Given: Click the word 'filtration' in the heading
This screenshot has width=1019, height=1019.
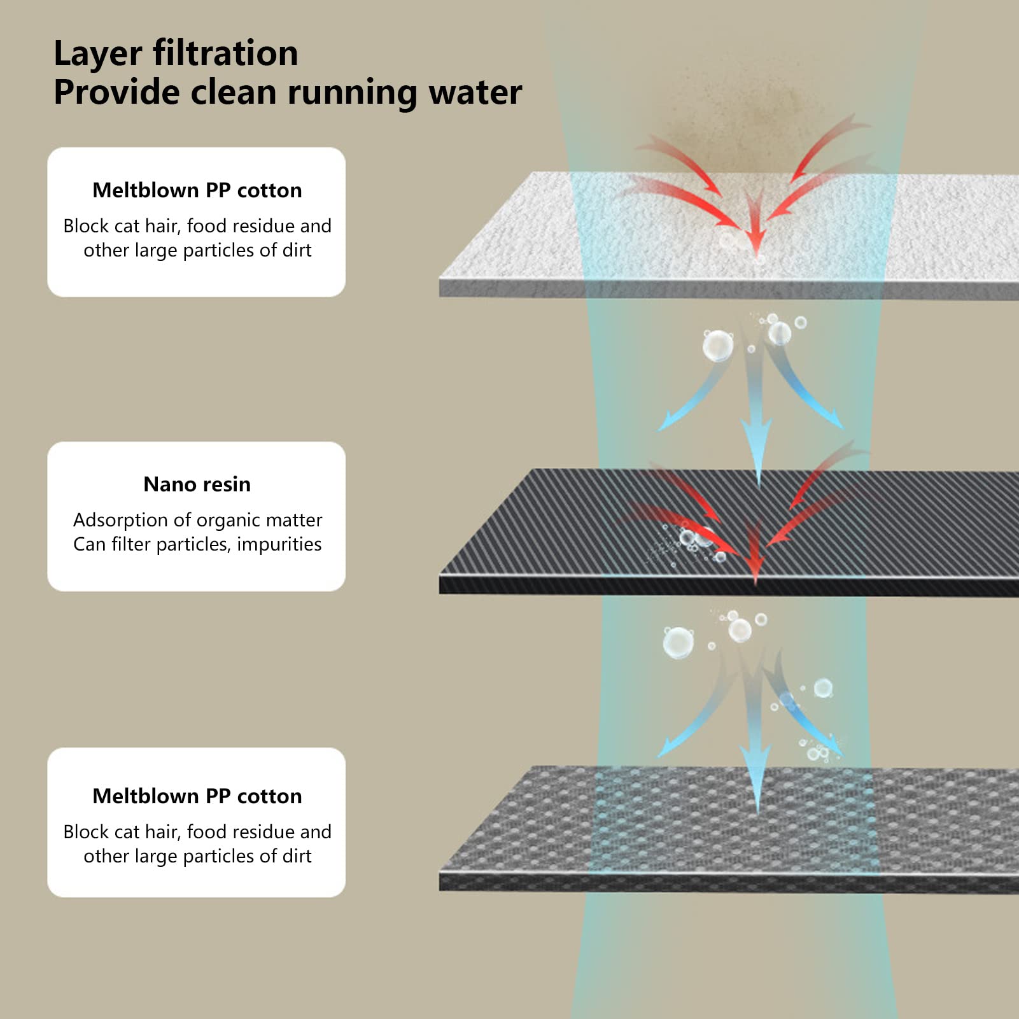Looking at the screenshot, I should tap(225, 53).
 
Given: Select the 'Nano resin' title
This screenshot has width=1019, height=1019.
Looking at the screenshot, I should tap(197, 484).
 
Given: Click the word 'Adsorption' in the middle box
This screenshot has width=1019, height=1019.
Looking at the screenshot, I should tap(121, 520).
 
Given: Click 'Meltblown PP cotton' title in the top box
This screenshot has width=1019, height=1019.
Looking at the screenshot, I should tap(197, 190).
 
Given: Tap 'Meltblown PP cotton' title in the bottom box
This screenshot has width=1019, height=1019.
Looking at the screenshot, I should tap(197, 796).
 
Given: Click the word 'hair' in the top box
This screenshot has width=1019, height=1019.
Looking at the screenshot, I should tap(162, 226).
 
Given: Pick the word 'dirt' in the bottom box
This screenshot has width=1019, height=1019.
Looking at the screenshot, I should tap(297, 856).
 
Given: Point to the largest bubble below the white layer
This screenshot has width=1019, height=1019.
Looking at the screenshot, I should tap(717, 346).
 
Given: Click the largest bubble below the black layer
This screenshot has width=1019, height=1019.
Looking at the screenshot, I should tap(678, 642).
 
